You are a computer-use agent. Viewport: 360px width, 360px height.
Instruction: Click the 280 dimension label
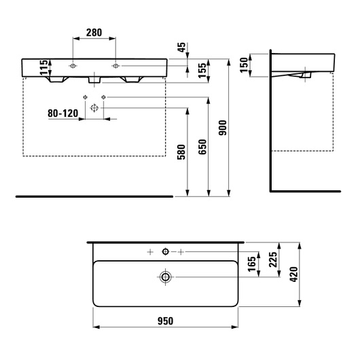(x=94, y=33)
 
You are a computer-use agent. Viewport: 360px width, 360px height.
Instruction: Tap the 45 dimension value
(x=181, y=48)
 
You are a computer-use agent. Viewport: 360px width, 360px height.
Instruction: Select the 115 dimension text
(x=44, y=67)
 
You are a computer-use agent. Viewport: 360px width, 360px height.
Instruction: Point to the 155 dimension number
(x=202, y=70)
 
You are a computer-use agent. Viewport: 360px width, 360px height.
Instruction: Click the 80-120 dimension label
(x=63, y=113)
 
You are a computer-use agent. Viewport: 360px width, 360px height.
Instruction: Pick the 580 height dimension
(x=181, y=152)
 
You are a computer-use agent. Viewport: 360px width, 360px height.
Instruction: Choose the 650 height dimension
(x=202, y=147)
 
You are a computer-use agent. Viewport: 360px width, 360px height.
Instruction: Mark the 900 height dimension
(x=223, y=128)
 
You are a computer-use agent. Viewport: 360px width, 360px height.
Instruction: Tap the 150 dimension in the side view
(x=244, y=65)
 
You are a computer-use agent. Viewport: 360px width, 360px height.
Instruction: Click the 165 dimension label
(x=252, y=264)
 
